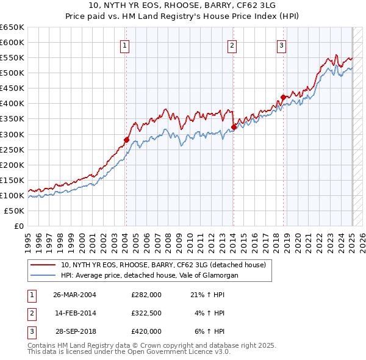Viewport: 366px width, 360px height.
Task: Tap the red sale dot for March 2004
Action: click(x=126, y=139)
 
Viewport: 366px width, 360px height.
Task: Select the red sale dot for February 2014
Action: click(x=234, y=127)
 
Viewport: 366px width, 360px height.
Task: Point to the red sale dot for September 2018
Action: click(x=284, y=97)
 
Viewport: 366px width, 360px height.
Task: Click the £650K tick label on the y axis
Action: click(x=12, y=27)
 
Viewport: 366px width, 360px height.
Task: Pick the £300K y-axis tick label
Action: click(x=12, y=134)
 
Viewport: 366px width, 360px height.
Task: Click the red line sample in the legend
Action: click(x=42, y=265)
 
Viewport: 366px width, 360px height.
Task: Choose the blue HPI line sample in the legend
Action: click(x=42, y=276)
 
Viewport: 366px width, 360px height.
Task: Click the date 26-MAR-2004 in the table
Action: click(x=74, y=295)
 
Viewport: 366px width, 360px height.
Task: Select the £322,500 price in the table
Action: click(x=146, y=313)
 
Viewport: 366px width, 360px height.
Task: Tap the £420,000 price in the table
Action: click(x=146, y=331)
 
